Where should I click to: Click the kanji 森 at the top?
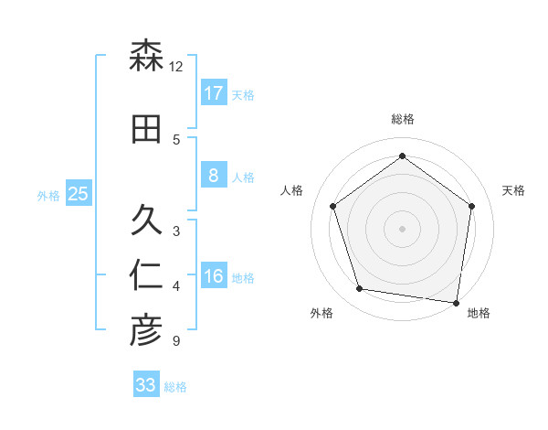[x=146, y=57]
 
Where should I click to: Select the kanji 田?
[x=146, y=130]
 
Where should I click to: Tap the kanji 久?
[x=146, y=220]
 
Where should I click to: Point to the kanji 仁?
[x=146, y=275]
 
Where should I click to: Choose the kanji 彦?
[x=146, y=330]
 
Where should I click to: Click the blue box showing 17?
[x=213, y=92]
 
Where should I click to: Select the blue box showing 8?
[x=213, y=176]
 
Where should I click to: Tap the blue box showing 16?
[x=213, y=276]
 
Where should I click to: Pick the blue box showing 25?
[x=78, y=194]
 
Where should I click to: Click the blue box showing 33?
[x=145, y=385]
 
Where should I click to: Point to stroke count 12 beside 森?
[x=176, y=67]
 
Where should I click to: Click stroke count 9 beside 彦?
[x=175, y=341]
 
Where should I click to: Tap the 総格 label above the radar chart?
[x=403, y=119]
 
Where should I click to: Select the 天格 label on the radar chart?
[x=513, y=190]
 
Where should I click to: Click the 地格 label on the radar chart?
[x=479, y=313]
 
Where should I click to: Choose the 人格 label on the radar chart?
[x=292, y=190]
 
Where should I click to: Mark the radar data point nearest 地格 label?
[x=457, y=302]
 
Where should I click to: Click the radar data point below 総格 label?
[x=403, y=156]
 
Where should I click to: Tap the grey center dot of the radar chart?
[x=403, y=228]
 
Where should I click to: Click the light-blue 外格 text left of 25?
[x=48, y=195]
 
